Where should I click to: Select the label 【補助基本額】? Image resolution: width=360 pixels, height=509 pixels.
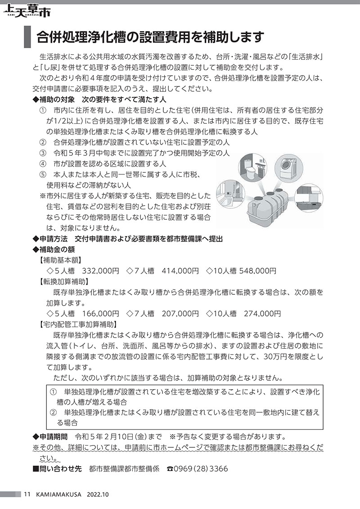[x=59, y=260]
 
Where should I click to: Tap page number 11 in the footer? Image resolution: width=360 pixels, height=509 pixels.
[x=27, y=494]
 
